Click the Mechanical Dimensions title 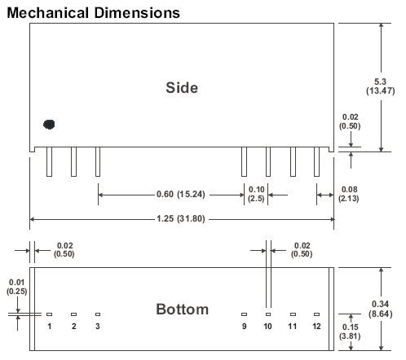(x=93, y=13)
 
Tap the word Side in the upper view (x=182, y=88)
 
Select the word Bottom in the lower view (x=182, y=310)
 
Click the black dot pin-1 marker (x=49, y=125)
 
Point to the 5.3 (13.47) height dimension (x=380, y=86)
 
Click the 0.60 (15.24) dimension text (x=181, y=195)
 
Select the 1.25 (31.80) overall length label (x=181, y=218)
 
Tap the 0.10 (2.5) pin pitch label (x=256, y=194)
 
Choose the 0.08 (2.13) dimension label (x=349, y=194)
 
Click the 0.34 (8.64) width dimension (x=381, y=309)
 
